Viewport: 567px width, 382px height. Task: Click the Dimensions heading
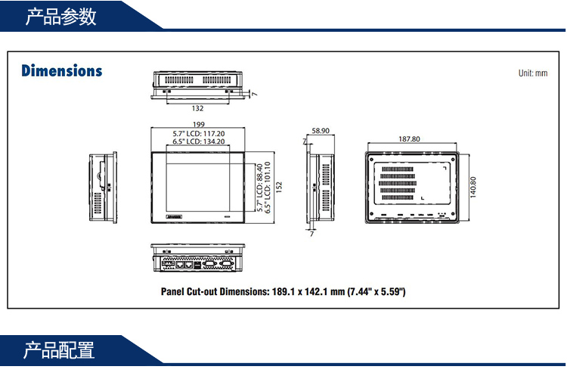tap(61, 71)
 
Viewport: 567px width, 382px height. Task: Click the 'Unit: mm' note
tap(532, 73)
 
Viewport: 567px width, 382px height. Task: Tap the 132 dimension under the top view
tap(198, 108)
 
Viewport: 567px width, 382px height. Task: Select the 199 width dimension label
tap(199, 125)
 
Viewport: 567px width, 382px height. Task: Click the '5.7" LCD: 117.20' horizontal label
tap(199, 133)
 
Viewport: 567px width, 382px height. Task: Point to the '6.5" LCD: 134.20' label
tap(199, 141)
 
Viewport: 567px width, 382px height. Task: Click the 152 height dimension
tap(278, 186)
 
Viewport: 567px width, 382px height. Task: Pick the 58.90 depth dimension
tap(321, 131)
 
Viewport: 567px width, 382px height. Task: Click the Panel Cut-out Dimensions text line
tap(283, 291)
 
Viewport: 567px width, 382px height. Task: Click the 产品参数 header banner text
tap(60, 17)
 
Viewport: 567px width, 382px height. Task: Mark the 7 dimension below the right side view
tap(312, 234)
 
